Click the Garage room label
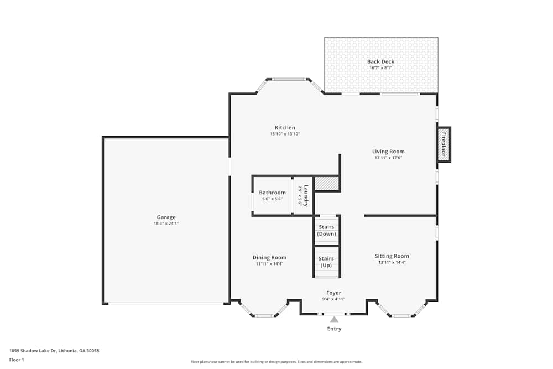click(x=165, y=217)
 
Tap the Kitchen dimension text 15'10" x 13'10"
click(x=285, y=134)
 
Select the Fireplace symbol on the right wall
click(x=444, y=145)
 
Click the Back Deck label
click(x=381, y=61)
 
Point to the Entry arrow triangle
click(x=334, y=319)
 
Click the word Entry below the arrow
click(x=334, y=329)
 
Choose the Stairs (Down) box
click(x=326, y=230)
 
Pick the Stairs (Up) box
click(x=326, y=262)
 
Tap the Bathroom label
click(x=273, y=193)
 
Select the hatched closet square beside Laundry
click(x=326, y=184)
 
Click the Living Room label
click(x=388, y=152)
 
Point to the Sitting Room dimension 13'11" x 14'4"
click(x=392, y=263)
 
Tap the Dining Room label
click(x=269, y=257)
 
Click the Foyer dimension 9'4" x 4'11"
click(x=333, y=299)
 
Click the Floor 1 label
click(x=17, y=360)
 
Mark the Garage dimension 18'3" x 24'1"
click(x=166, y=224)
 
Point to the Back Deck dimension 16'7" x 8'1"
click(x=381, y=68)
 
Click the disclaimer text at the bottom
click(x=276, y=361)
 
